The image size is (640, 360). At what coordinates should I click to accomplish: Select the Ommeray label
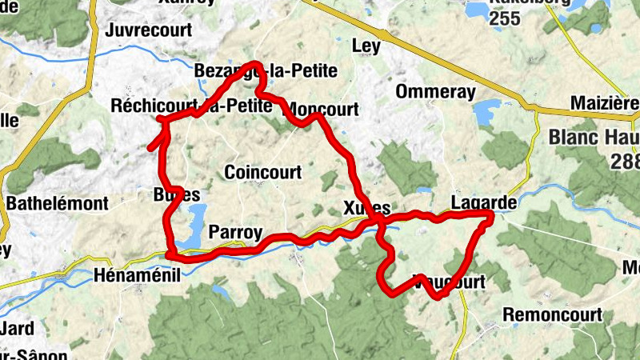pyautogui.click(x=434, y=91)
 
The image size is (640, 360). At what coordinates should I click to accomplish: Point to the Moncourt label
pyautogui.click(x=322, y=109)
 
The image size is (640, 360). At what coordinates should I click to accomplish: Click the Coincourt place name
pyautogui.click(x=262, y=172)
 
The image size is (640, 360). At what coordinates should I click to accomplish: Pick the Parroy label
pyautogui.click(x=234, y=233)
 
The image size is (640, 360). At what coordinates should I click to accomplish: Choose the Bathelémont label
pyautogui.click(x=57, y=203)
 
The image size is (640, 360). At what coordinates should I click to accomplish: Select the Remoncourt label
pyautogui.click(x=552, y=314)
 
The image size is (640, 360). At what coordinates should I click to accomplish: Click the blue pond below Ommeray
pyautogui.click(x=486, y=113)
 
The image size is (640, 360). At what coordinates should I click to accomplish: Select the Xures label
pyautogui.click(x=366, y=207)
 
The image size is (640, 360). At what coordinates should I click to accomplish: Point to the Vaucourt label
pyautogui.click(x=450, y=282)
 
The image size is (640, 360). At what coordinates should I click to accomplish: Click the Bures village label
pyautogui.click(x=175, y=195)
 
